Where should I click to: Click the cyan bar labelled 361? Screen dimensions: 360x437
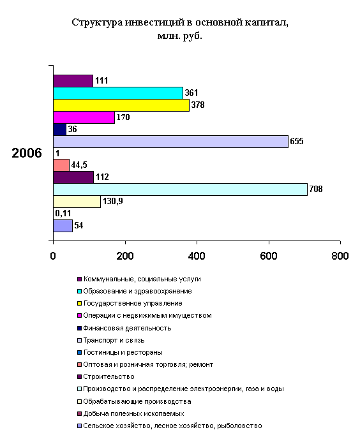(x=118, y=93)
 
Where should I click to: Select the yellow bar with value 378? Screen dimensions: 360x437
(x=121, y=105)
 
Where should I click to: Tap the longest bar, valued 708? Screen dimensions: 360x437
(x=180, y=189)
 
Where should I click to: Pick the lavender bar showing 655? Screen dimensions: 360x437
(x=170, y=142)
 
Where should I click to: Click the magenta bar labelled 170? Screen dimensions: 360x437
(x=84, y=117)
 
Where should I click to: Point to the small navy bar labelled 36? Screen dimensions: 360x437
(x=59, y=130)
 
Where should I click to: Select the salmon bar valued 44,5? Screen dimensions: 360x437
(x=61, y=165)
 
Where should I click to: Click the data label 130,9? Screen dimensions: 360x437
(x=112, y=201)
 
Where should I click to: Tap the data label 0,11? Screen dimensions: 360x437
(x=63, y=213)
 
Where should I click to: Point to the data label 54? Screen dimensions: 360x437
(x=79, y=225)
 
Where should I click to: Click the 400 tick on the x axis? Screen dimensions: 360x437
(x=197, y=256)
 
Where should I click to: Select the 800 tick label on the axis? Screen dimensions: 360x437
(x=340, y=256)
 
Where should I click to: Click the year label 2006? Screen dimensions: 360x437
(x=27, y=153)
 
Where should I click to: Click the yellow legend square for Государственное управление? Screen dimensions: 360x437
(x=79, y=303)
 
